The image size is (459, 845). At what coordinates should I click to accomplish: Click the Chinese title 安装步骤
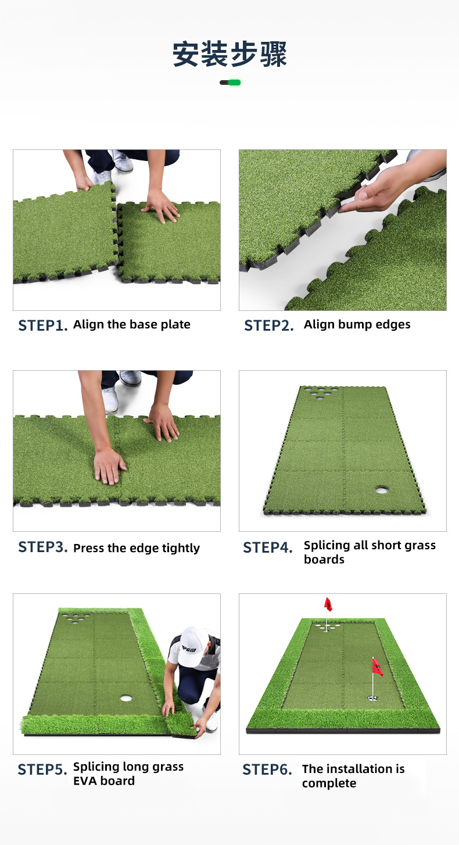(229, 55)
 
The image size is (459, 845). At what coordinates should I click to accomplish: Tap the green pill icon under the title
(230, 83)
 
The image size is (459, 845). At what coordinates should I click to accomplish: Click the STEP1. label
(42, 325)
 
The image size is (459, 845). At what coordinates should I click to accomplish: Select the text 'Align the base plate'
(132, 324)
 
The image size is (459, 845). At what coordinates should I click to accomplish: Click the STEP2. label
(268, 325)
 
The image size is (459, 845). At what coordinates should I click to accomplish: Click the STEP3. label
(42, 547)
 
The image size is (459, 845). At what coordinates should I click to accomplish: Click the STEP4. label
(267, 547)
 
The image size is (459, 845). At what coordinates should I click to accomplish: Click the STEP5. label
(42, 769)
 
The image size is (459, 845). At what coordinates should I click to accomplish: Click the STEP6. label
(267, 769)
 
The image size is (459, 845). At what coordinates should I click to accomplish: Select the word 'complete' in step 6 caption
(329, 783)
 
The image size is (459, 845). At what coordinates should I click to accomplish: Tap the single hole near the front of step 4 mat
(383, 490)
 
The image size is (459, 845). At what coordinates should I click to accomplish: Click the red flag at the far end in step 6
(328, 604)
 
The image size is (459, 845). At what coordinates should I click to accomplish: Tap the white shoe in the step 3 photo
(110, 400)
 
